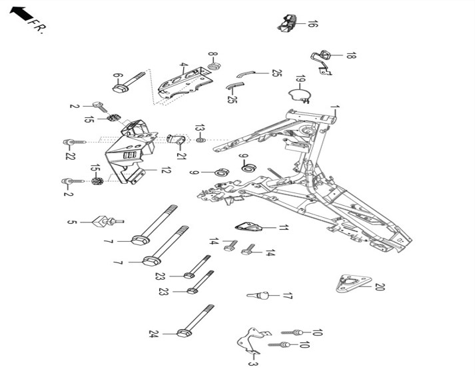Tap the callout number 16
[312, 24]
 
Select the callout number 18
[351, 55]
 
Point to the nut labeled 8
[214, 67]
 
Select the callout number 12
[165, 171]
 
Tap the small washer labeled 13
[201, 141]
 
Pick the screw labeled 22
[75, 142]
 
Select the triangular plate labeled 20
[354, 283]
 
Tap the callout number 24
[154, 334]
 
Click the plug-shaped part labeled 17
[258, 295]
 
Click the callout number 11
[282, 228]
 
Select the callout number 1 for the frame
[334, 107]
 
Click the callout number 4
[183, 65]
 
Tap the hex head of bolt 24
[184, 334]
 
